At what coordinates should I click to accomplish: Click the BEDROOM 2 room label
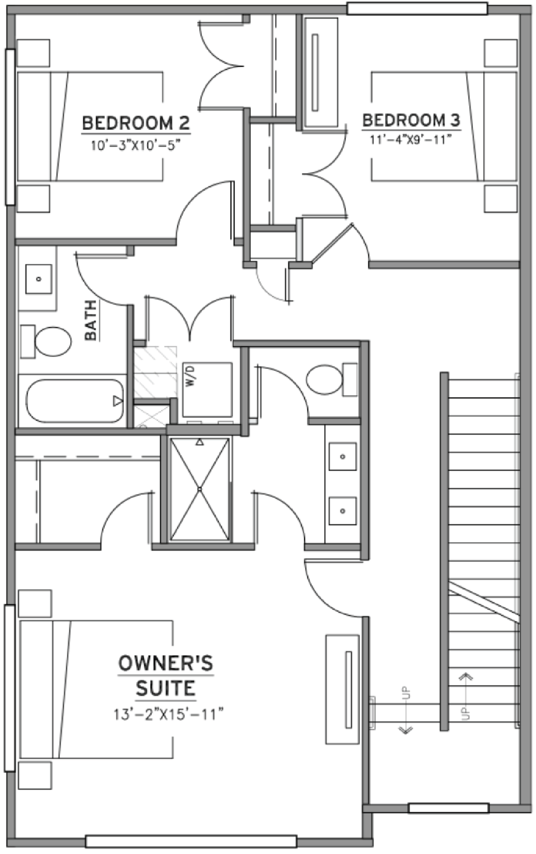point(135,123)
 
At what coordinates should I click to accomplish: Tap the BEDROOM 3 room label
point(411,120)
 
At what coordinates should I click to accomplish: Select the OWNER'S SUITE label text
point(165,676)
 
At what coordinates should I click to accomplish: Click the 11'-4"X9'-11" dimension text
point(411,139)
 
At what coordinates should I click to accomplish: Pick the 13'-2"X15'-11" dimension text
point(169,715)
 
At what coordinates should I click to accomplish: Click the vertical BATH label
point(91,320)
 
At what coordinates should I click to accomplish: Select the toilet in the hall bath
point(45,341)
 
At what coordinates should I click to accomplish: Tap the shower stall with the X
point(199,489)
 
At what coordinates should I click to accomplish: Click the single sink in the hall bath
point(39,279)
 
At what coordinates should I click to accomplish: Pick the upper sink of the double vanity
point(342,457)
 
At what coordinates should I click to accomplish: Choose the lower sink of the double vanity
point(342,511)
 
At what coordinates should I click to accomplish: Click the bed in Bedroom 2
point(90,126)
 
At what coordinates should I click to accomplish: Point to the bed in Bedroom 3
point(444,126)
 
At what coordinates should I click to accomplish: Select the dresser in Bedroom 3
point(321,72)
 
